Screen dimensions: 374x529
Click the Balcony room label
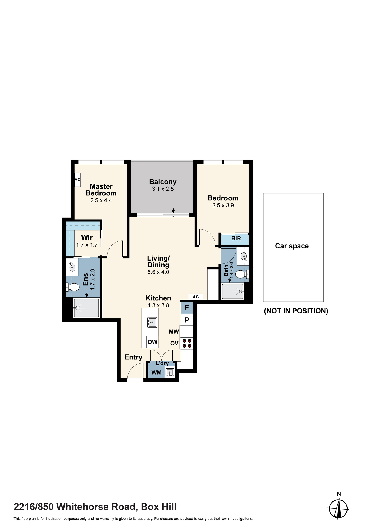(x=163, y=182)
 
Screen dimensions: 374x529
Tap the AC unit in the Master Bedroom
(x=77, y=180)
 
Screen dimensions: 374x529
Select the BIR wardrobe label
(x=236, y=238)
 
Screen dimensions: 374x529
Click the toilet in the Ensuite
(x=72, y=287)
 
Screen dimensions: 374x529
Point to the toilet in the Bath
(x=242, y=274)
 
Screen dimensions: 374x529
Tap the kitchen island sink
(x=152, y=322)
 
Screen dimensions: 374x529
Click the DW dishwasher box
(x=153, y=342)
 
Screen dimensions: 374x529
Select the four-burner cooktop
(x=187, y=343)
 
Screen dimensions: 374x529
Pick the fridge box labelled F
(x=187, y=308)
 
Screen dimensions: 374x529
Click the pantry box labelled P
(x=187, y=320)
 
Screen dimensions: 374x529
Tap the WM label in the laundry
(x=156, y=372)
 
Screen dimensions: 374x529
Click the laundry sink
(x=170, y=372)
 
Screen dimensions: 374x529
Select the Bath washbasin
(x=244, y=256)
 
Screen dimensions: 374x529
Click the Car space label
(x=292, y=246)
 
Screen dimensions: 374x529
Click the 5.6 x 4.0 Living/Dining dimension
(x=158, y=272)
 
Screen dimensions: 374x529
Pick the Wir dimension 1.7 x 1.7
(x=87, y=245)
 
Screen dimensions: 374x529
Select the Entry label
(x=133, y=357)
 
